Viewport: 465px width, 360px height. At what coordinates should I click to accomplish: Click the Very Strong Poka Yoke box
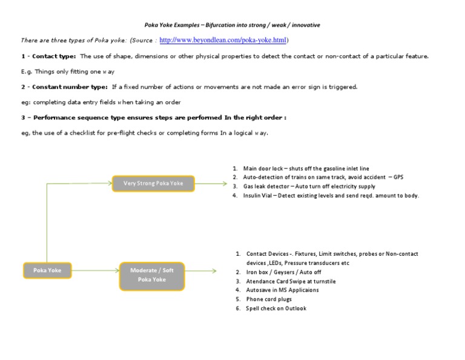(x=154, y=183)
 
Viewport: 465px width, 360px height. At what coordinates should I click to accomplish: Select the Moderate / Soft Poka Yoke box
(x=151, y=275)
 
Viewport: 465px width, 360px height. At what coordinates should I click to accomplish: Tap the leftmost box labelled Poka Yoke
(x=47, y=270)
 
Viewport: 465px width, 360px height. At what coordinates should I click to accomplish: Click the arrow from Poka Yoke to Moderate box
(x=94, y=270)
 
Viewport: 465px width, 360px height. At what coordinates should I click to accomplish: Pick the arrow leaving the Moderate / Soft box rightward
(x=201, y=271)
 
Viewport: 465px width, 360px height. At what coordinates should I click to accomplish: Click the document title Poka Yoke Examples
(x=232, y=25)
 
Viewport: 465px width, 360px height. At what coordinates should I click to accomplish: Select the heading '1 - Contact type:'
(x=48, y=56)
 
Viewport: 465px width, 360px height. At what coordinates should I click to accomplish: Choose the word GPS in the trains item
(x=397, y=178)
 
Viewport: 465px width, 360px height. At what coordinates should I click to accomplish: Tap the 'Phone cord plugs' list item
(x=269, y=299)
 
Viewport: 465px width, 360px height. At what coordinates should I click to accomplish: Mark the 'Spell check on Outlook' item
(x=276, y=308)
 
